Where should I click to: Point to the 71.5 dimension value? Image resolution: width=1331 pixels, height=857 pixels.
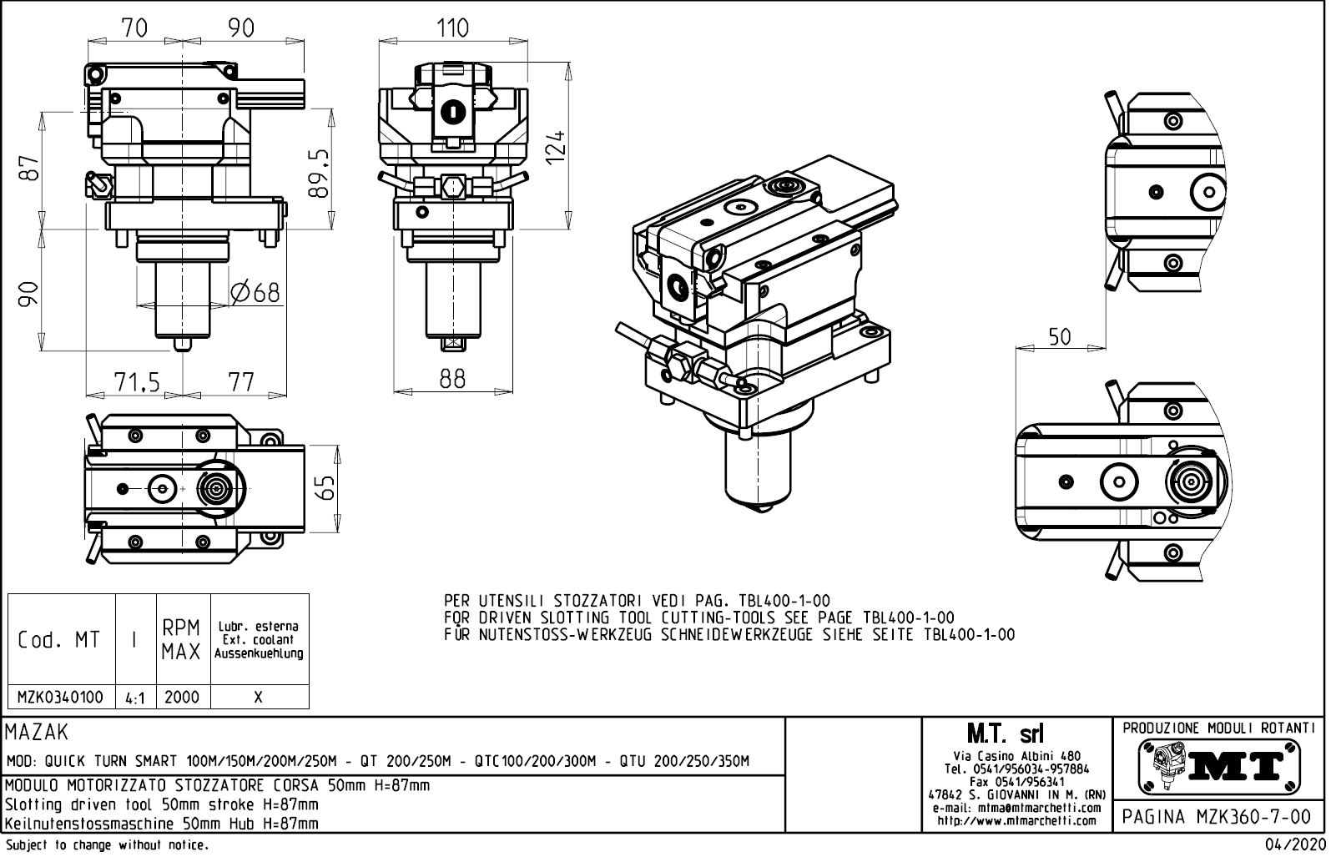(x=136, y=382)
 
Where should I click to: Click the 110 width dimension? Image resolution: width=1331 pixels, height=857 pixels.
(x=452, y=28)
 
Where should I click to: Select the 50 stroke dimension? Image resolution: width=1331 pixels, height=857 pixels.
(x=1059, y=337)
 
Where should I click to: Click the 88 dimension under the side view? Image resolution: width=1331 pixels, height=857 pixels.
(x=451, y=379)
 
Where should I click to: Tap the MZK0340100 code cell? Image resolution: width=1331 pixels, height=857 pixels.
(x=60, y=697)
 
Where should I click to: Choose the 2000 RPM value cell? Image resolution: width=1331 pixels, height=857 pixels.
(x=182, y=697)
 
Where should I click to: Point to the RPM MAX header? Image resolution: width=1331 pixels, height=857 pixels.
(x=182, y=640)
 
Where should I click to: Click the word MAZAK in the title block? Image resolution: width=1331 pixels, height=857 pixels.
(x=37, y=733)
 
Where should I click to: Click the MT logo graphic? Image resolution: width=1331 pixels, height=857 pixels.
(x=1219, y=766)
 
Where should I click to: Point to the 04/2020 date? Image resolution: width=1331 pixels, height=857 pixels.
(x=1295, y=844)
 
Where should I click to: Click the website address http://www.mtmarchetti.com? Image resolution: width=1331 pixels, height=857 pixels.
(x=1016, y=820)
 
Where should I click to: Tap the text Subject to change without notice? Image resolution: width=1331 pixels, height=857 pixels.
(x=106, y=845)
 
